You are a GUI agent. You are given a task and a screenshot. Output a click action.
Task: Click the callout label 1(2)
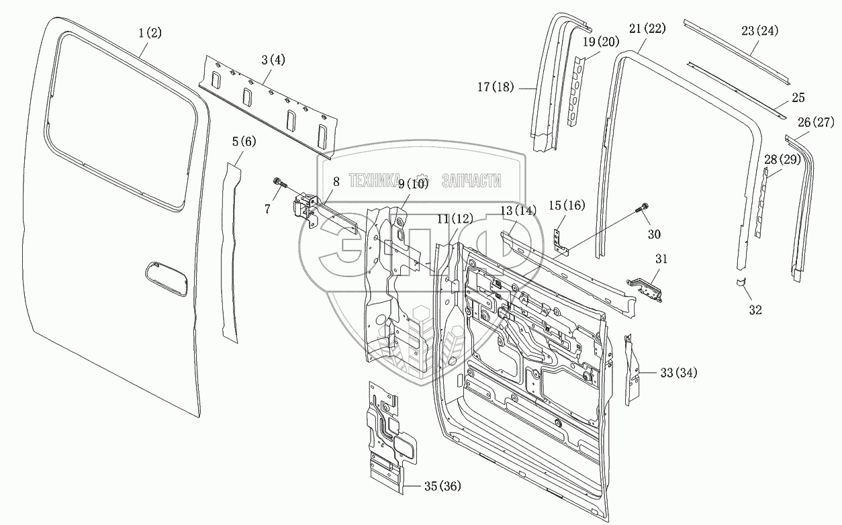tap(150, 33)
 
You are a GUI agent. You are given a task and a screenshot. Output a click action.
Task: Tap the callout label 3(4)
tap(273, 60)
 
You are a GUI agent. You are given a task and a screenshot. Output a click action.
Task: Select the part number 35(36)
tap(442, 486)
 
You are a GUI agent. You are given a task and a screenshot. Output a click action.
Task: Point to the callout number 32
tap(755, 310)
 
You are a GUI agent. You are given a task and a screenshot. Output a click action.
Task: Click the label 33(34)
tap(679, 373)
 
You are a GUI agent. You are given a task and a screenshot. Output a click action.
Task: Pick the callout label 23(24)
tap(759, 31)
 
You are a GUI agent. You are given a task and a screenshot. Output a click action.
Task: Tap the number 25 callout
tap(798, 98)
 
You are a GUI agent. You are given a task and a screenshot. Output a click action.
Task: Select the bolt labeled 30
tap(643, 208)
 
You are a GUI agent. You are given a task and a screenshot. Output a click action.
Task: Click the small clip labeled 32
tap(741, 282)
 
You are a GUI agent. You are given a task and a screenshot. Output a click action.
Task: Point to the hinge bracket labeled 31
tap(645, 289)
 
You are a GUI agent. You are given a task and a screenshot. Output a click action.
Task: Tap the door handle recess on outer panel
tap(166, 279)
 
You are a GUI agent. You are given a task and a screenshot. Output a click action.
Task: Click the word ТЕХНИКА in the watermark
tap(374, 181)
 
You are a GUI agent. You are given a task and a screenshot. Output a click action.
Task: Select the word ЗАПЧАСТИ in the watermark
tap(471, 181)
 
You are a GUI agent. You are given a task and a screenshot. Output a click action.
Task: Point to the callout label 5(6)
tap(244, 142)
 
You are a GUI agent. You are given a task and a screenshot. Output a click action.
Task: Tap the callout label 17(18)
tap(496, 87)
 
